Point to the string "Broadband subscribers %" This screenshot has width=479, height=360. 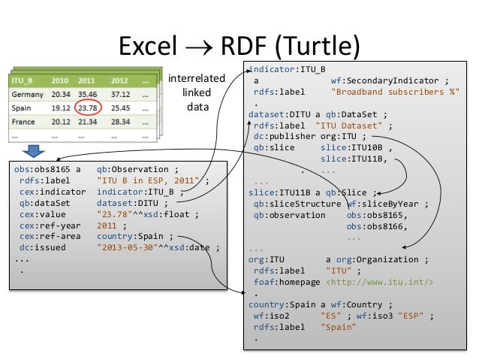click(x=396, y=92)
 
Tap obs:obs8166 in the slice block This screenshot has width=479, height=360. click(x=366, y=225)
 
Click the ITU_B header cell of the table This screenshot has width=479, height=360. click(x=25, y=80)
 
